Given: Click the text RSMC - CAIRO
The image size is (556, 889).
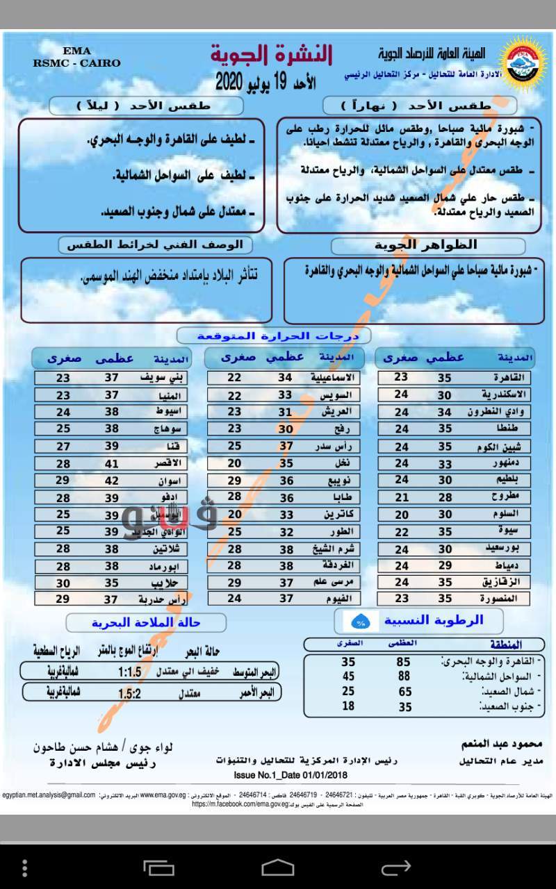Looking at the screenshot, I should coord(76,63).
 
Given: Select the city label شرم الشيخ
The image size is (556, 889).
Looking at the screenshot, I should coord(330,549).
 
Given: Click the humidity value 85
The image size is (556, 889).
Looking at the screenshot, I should coord(403,663).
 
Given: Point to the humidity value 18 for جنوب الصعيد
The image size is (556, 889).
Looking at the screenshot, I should coord(348,706).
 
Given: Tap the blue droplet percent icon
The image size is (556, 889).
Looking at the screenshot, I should coord(361,620).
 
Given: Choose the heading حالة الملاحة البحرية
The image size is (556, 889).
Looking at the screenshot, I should coord(147,622).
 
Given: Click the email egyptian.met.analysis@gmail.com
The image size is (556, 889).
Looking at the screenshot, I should coord(49,795).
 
